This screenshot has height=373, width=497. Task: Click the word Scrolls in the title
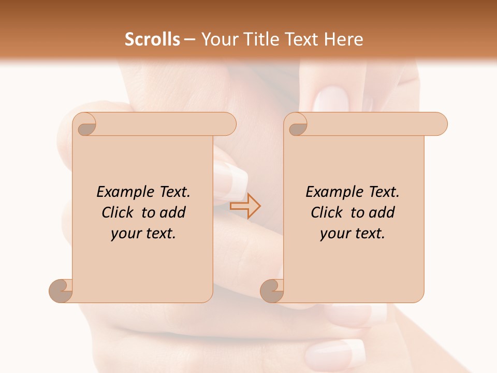coord(153,39)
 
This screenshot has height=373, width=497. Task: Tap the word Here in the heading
coord(343,39)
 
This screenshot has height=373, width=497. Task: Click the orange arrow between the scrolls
coord(245,206)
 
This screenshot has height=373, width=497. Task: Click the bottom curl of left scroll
coord(61,290)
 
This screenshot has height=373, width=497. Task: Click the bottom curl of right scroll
coord(272,290)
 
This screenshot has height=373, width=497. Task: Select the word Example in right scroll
coord(335,192)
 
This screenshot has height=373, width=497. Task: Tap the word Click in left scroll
coord(118,212)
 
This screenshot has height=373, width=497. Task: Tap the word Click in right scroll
coord(327,212)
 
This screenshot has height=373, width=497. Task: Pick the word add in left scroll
coord(173,212)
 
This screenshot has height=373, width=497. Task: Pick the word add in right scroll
coord(382,212)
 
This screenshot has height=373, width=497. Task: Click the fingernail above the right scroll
coord(330,98)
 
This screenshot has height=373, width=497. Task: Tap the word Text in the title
coord(302,39)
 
